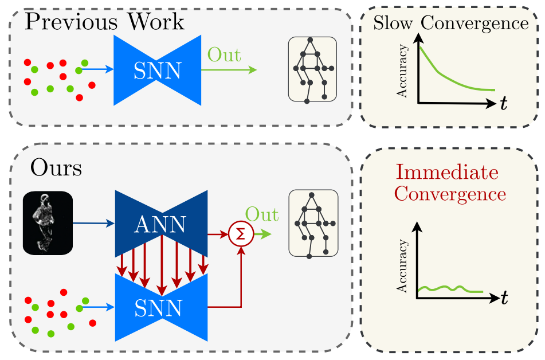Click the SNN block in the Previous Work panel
click(157, 71)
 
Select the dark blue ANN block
click(160, 225)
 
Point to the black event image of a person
click(48, 223)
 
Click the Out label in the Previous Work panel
click(224, 55)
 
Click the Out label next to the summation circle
click(262, 215)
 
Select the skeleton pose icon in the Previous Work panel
click(312, 70)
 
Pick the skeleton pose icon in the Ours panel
click(312, 224)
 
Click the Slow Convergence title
click(450, 23)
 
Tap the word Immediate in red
click(448, 172)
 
